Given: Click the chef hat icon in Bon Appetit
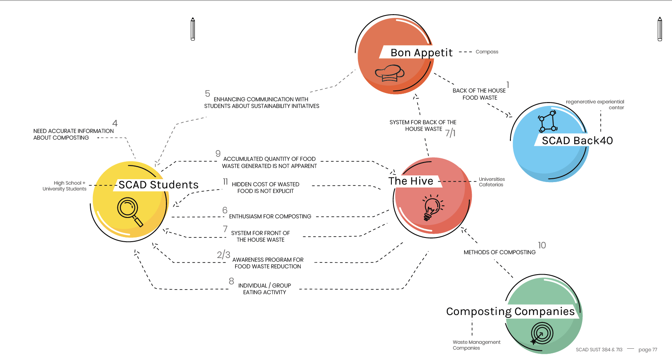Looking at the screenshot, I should [x=389, y=73].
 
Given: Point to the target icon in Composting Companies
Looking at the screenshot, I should [x=541, y=334].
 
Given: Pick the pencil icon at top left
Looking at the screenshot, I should [x=193, y=29].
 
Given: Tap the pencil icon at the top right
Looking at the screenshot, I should [x=660, y=29].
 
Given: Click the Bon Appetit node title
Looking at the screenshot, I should [x=421, y=52].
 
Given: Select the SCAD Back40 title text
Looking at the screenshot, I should [x=577, y=140].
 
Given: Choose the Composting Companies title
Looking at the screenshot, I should [x=510, y=311].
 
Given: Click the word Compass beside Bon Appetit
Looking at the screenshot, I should [x=487, y=52].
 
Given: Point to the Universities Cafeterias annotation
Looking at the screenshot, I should [x=491, y=182].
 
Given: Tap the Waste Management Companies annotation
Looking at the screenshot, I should [x=476, y=345].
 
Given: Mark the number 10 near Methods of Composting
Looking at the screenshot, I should [x=542, y=245].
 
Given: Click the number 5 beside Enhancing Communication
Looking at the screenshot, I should [x=207, y=94].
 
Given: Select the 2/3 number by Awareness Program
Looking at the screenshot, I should [x=223, y=255].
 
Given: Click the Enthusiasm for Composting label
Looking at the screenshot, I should [x=270, y=216].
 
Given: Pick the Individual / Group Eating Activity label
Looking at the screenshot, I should [x=264, y=289].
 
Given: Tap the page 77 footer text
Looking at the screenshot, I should [x=647, y=350].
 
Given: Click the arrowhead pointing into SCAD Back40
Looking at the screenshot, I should [x=509, y=115].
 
